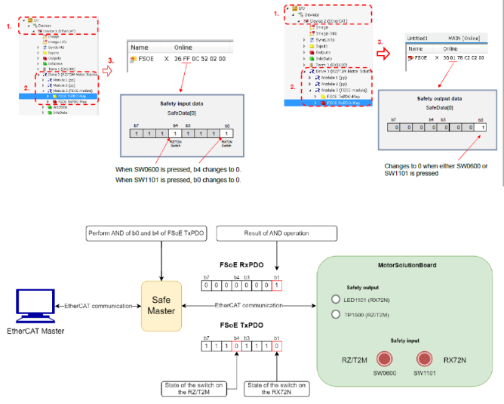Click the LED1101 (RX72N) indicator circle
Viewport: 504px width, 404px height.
[x=337, y=299]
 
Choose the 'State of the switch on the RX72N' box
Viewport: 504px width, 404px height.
[x=281, y=389]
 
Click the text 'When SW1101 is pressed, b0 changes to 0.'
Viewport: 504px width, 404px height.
[x=179, y=180]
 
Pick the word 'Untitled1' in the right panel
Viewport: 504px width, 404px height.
[x=416, y=37]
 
